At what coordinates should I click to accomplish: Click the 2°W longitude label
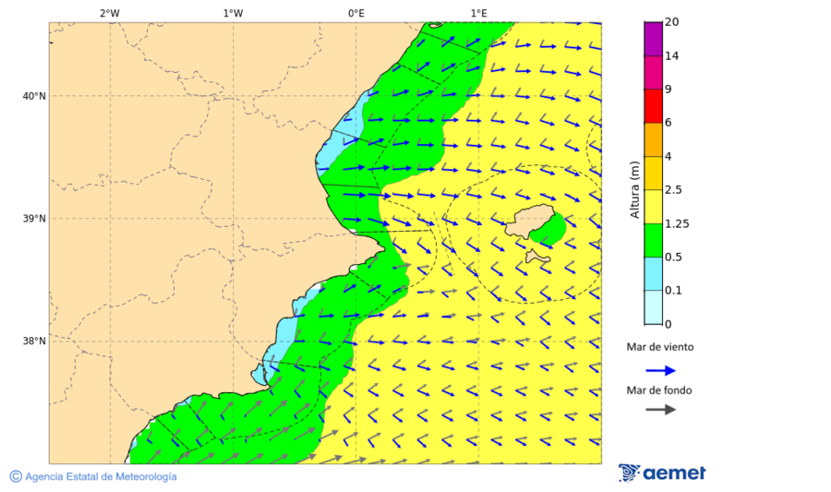(109, 13)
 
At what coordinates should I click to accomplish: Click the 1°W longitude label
(233, 13)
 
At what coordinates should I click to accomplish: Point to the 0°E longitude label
(355, 13)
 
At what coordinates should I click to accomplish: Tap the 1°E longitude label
(478, 13)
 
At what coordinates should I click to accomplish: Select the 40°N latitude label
(34, 96)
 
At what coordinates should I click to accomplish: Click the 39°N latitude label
(34, 219)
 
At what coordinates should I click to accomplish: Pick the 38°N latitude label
(34, 342)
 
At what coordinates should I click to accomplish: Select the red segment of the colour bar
(654, 105)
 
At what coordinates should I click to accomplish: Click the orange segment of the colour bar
(654, 139)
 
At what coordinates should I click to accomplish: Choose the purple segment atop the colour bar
(654, 38)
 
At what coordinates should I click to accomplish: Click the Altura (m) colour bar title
(634, 189)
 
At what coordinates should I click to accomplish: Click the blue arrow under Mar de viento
(660, 370)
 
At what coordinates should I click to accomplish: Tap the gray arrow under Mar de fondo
(660, 410)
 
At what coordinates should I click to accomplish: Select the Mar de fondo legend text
(659, 390)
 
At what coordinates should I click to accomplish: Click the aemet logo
(662, 473)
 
